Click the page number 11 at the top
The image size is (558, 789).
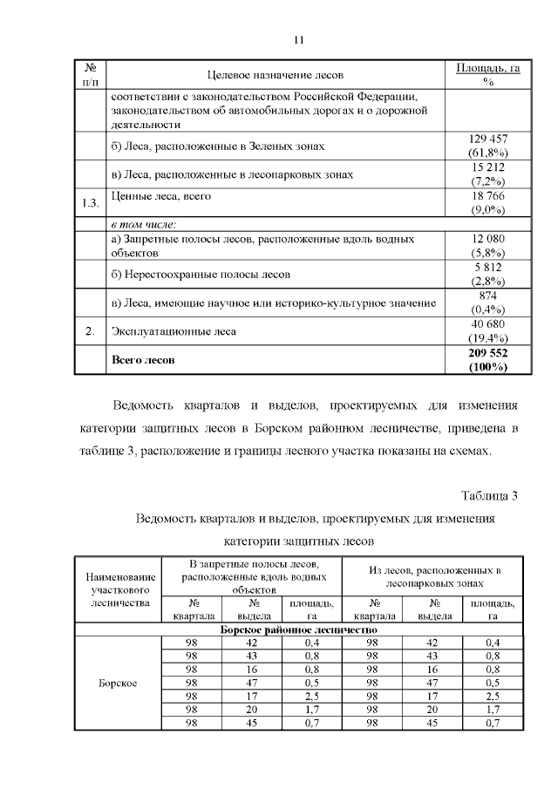pos(298,40)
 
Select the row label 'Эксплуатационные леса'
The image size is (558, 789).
pos(174,332)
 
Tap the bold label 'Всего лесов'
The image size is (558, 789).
pos(143,359)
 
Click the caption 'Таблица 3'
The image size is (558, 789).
pos(490,496)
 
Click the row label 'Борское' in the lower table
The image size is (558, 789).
pos(119,683)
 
